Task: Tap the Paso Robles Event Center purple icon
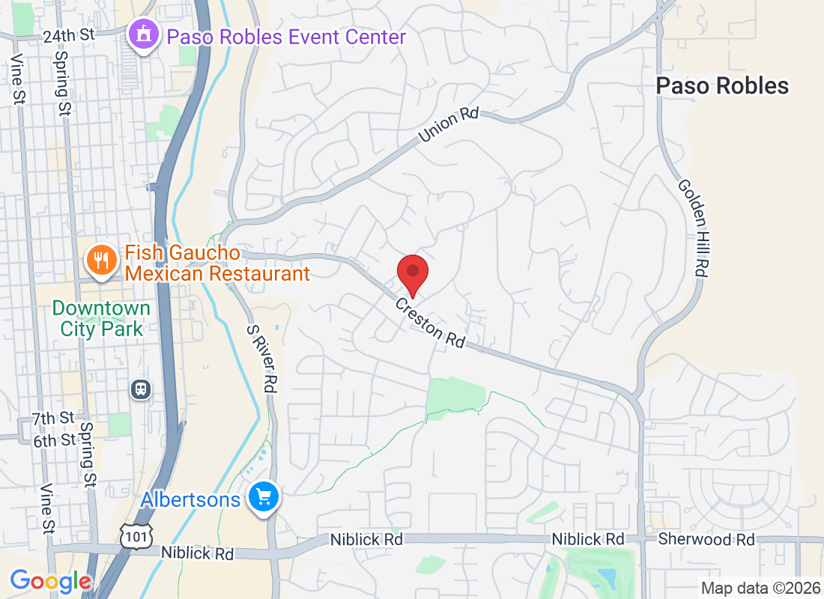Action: (142, 34)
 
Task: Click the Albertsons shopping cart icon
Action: (264, 496)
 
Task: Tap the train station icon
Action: (140, 389)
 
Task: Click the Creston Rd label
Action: (430, 323)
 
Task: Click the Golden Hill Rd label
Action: (692, 228)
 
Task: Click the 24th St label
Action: (69, 36)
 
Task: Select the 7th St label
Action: (53, 418)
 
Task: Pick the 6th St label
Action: (55, 440)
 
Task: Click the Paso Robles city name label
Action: (722, 86)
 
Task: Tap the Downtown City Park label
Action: (101, 318)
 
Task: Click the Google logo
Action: (51, 580)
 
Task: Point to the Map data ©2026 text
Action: (759, 588)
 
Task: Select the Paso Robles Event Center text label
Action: (286, 37)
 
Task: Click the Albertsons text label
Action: (193, 499)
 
